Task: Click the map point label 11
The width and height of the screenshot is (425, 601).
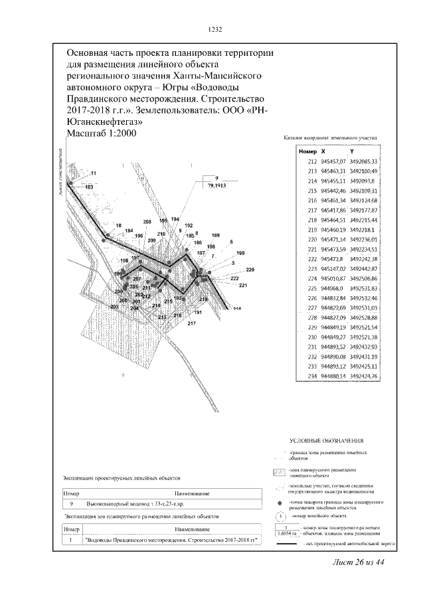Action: coord(94,173)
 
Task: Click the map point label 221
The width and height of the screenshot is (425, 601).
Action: coord(243,286)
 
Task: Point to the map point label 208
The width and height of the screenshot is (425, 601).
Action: coord(147,221)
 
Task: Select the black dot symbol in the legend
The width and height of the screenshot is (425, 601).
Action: coord(281,504)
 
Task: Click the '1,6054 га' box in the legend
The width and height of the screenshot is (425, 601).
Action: coord(286,533)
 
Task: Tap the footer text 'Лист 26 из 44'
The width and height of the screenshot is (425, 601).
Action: coord(360,563)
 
